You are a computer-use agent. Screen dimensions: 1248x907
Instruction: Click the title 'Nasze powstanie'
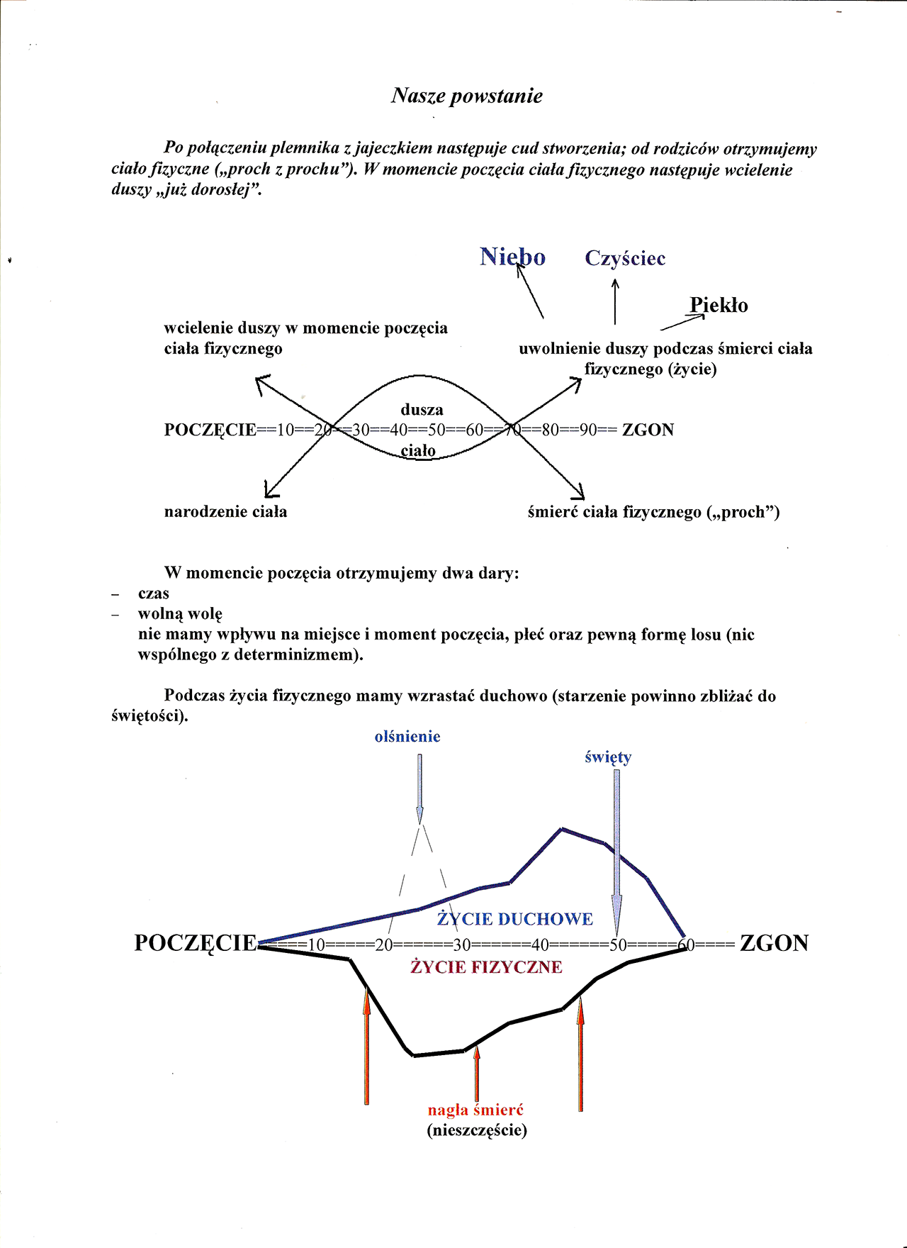coord(466,96)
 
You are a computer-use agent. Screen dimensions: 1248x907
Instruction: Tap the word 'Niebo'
coord(512,257)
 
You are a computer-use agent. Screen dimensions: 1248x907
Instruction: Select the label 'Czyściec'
coord(625,258)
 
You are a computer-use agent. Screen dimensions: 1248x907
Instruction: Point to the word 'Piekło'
coord(719,306)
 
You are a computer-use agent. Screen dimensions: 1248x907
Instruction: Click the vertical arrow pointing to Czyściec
coord(615,301)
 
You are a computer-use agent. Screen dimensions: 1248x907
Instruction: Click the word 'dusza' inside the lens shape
coord(422,409)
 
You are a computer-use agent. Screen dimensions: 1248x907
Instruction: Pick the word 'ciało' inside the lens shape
coord(418,451)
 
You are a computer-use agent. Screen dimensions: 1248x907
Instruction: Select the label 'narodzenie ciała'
coord(225,512)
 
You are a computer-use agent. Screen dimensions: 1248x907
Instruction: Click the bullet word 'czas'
coord(154,594)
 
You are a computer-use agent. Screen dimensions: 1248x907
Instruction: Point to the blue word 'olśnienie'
coord(407,737)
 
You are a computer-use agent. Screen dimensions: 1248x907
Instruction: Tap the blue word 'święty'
coord(608,757)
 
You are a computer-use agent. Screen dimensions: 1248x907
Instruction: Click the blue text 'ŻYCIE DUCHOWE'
coord(515,919)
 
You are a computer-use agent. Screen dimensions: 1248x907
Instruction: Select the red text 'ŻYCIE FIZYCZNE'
coord(486,967)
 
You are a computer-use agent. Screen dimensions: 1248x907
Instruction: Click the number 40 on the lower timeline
coord(540,945)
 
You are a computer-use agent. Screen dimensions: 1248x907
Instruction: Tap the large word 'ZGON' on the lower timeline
coord(774,943)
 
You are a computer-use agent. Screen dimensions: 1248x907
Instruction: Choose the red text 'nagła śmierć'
coord(475,1110)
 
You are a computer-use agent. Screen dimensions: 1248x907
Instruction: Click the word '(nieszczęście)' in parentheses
coord(477,1130)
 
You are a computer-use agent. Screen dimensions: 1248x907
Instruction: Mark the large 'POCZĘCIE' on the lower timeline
coord(196,943)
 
